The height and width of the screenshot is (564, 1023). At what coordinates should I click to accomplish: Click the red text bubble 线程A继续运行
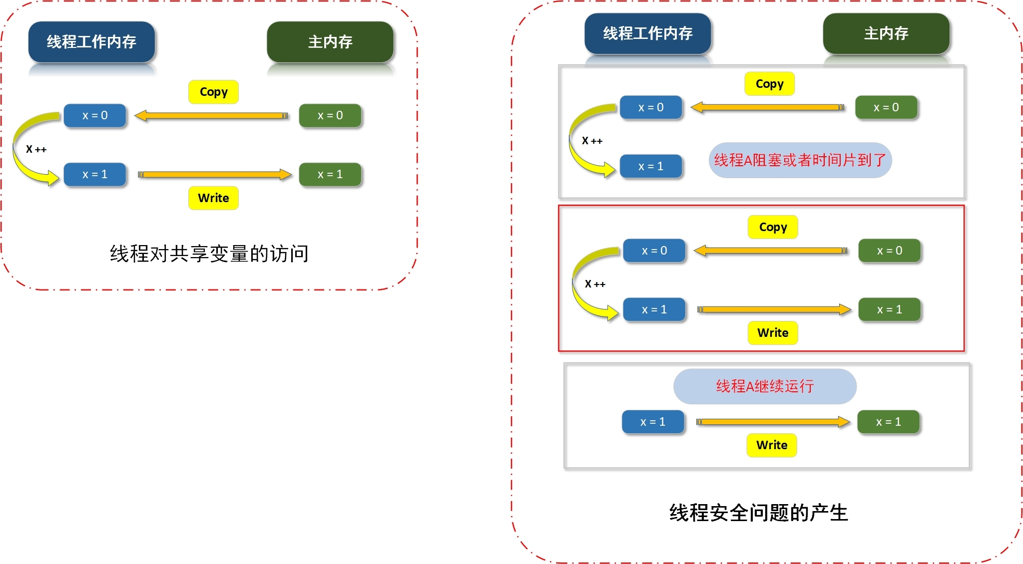pyautogui.click(x=765, y=386)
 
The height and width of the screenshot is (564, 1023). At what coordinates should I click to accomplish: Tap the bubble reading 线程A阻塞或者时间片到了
pyautogui.click(x=800, y=160)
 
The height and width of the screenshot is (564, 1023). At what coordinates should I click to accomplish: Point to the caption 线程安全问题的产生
pyautogui.click(x=758, y=513)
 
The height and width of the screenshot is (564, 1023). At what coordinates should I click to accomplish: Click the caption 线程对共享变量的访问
pyautogui.click(x=209, y=254)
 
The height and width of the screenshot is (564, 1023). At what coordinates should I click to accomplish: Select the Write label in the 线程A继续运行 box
pyautogui.click(x=772, y=445)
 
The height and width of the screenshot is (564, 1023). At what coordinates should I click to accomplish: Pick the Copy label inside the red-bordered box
pyautogui.click(x=773, y=227)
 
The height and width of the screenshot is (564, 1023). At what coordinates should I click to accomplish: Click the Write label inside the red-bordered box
pyautogui.click(x=773, y=333)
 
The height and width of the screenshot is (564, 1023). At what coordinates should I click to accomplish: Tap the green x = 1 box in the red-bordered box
pyautogui.click(x=889, y=309)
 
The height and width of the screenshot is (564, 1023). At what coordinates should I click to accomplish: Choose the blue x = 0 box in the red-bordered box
pyautogui.click(x=654, y=251)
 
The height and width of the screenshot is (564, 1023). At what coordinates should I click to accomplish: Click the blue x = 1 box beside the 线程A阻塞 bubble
pyautogui.click(x=650, y=166)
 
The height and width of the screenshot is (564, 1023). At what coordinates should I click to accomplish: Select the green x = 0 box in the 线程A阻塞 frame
pyautogui.click(x=886, y=107)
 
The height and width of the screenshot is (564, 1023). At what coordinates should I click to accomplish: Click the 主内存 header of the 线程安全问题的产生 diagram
pyautogui.click(x=886, y=33)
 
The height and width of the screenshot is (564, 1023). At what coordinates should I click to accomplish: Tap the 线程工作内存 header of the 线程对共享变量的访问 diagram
pyautogui.click(x=91, y=42)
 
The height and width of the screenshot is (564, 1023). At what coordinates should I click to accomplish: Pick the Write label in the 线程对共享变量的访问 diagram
pyautogui.click(x=213, y=198)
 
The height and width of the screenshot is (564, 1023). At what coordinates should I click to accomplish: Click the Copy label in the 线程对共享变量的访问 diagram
pyautogui.click(x=213, y=92)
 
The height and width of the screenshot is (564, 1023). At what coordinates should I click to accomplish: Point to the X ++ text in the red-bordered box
pyautogui.click(x=595, y=284)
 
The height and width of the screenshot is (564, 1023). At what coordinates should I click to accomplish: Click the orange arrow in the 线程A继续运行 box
pyautogui.click(x=773, y=422)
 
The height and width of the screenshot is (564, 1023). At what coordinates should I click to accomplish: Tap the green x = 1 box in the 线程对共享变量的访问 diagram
pyautogui.click(x=330, y=174)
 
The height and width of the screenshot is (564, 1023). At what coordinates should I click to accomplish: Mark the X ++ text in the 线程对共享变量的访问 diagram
pyautogui.click(x=36, y=149)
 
